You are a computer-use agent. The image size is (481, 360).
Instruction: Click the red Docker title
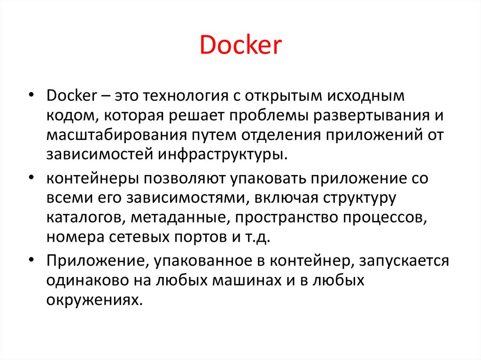240,45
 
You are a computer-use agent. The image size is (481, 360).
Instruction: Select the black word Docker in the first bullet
71,96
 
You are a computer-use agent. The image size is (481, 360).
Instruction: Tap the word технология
186,96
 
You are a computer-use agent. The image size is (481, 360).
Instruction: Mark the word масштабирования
116,136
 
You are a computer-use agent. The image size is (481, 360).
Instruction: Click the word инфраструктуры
223,154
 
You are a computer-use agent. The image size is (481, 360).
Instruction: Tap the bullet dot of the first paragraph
31,95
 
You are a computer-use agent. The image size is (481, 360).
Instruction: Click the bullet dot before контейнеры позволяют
31,177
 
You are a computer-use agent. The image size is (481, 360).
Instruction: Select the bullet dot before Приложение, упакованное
31,260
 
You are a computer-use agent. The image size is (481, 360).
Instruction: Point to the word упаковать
268,179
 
